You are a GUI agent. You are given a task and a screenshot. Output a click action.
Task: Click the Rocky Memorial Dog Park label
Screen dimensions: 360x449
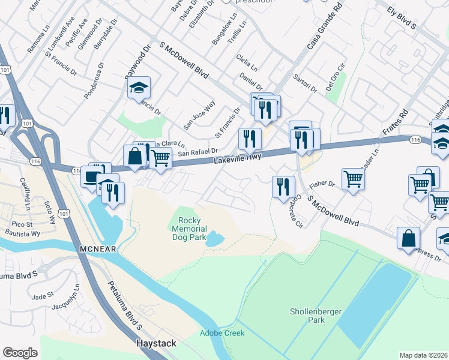coord(189,229)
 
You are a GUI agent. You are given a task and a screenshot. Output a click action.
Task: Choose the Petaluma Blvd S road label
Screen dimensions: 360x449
coord(124,307)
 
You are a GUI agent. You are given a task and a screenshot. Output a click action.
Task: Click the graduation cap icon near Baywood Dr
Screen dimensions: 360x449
coord(139,88)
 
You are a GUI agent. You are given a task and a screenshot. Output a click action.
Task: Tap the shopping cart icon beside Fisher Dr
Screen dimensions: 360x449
coord(353,178)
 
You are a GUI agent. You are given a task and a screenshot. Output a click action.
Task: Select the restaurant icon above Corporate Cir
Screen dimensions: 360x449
coord(283,186)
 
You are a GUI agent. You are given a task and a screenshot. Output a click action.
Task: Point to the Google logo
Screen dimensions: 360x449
coord(20,353)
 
